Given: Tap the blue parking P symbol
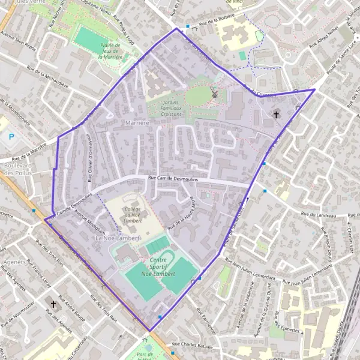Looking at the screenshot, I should click(x=10, y=136).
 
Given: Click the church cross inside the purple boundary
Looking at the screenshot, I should click(x=277, y=113).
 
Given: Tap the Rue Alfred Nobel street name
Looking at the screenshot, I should click(x=324, y=38).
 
